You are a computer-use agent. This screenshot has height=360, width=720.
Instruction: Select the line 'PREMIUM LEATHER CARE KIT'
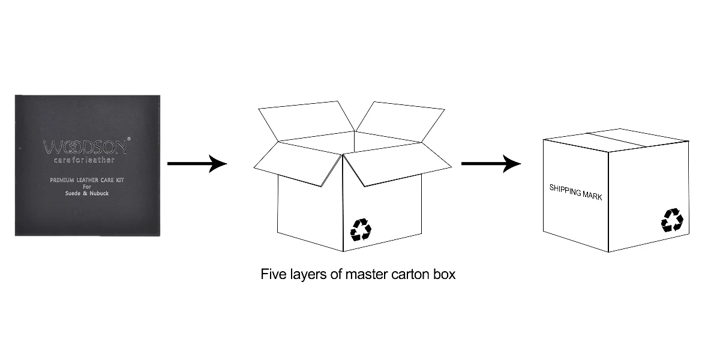click(x=88, y=181)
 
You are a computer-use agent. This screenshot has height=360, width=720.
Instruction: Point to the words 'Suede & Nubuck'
click(x=88, y=194)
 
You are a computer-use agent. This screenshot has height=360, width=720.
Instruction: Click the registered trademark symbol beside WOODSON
click(x=129, y=139)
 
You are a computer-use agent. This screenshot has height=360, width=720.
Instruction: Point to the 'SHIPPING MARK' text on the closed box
click(x=575, y=192)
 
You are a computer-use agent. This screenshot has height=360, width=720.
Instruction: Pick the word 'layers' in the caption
click(x=307, y=275)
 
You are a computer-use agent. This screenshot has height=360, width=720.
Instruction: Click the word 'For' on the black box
click(x=87, y=187)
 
